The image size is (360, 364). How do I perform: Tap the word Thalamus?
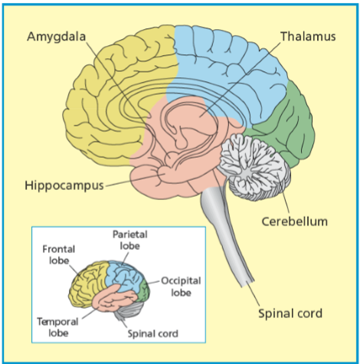tap(307, 36)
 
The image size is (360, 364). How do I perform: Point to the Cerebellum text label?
tap(294, 221)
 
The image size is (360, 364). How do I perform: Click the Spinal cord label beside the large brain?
tap(290, 313)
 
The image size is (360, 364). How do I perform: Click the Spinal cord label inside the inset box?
tap(153, 333)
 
